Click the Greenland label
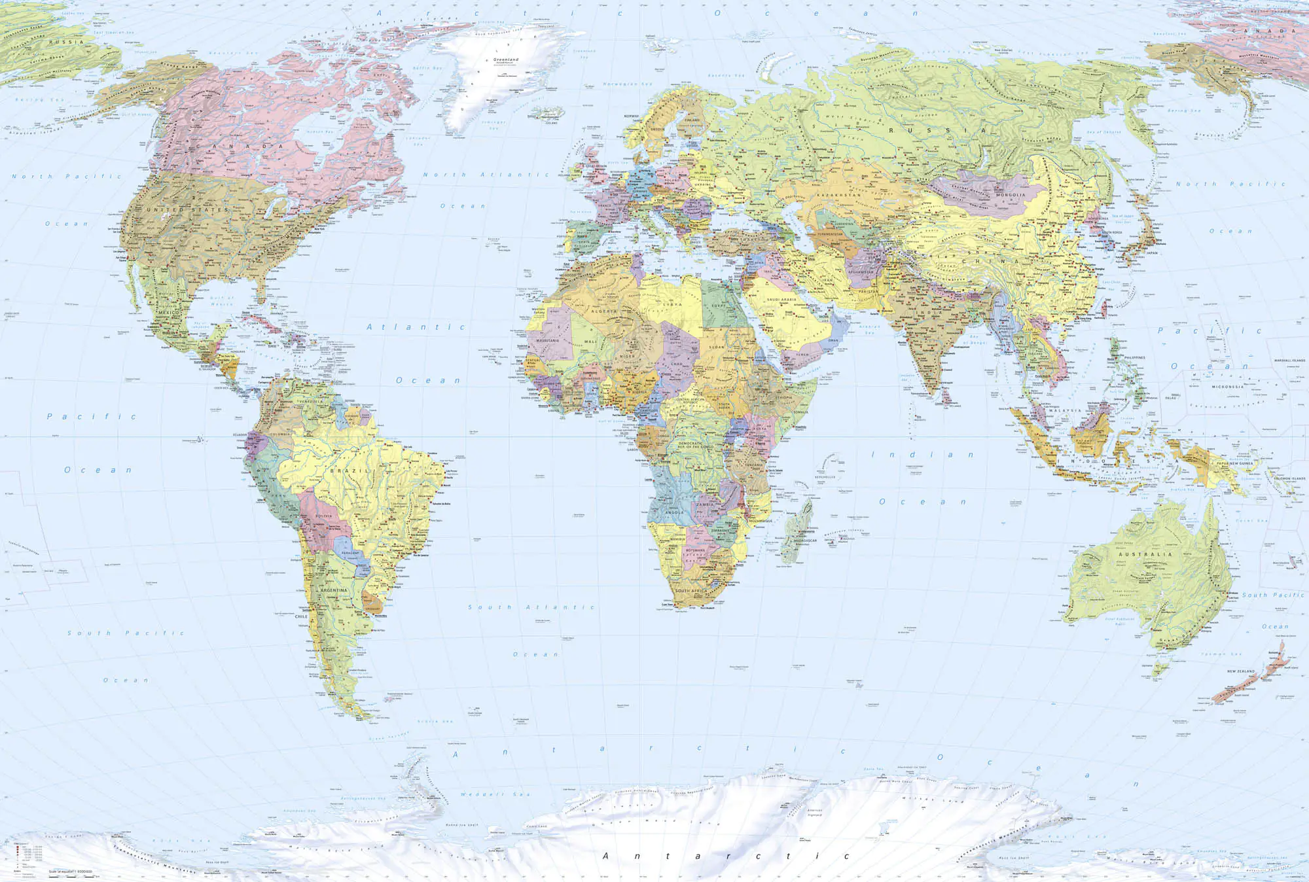[506, 60]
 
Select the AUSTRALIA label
[1145, 554]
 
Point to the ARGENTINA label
[334, 590]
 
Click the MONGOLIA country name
[1011, 195]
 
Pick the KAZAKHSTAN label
[838, 195]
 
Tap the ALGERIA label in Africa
[604, 311]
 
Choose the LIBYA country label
[672, 305]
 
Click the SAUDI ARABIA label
[781, 300]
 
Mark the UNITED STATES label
[187, 210]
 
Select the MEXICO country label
[169, 313]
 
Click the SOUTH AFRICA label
[690, 591]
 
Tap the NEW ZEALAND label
[1241, 671]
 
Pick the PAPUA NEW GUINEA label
[1235, 463]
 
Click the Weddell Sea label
[495, 794]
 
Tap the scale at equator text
[70, 872]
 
